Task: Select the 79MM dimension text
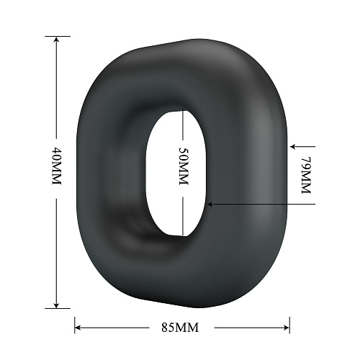click(306, 175)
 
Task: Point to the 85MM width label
click(180, 328)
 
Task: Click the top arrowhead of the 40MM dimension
click(56, 40)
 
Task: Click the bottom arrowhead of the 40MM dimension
click(56, 305)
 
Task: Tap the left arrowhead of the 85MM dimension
click(78, 328)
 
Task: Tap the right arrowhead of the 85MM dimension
click(286, 328)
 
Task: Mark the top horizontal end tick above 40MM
click(58, 36)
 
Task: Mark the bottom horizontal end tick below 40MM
click(58, 308)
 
